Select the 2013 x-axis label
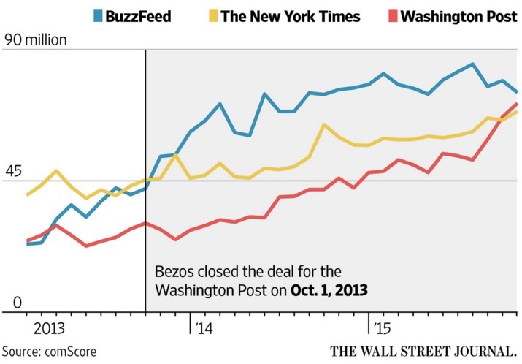coord(46,326)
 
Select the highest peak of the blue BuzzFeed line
coord(473,64)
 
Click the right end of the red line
coord(517,104)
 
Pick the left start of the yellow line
coord(28,194)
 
